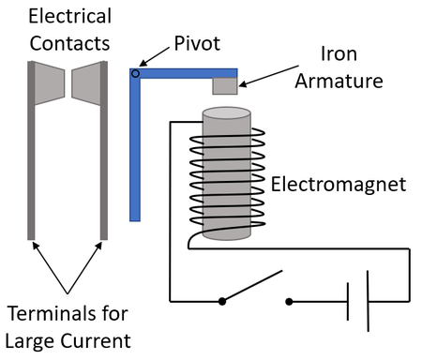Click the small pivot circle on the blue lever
click(x=135, y=72)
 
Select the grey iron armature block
click(x=225, y=85)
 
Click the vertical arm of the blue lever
click(x=135, y=150)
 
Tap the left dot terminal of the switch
click(x=221, y=302)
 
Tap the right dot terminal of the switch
click(x=289, y=302)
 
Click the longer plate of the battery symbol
click(x=367, y=301)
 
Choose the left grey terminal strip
click(x=33, y=150)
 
